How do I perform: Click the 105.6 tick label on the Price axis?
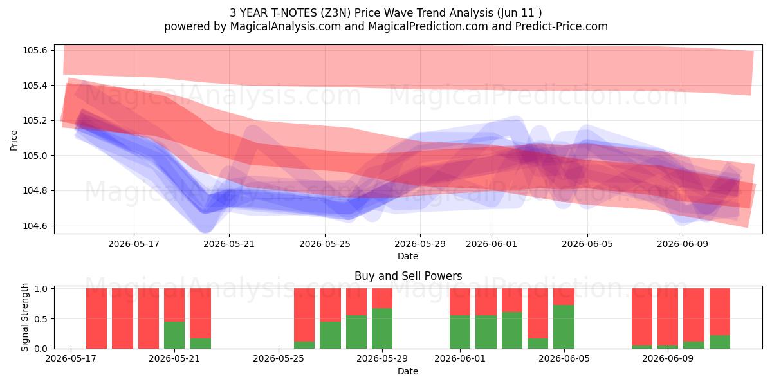point(35,51)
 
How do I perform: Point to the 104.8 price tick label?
point(35,191)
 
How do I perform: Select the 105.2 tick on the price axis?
point(35,121)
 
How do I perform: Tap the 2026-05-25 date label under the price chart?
point(325,244)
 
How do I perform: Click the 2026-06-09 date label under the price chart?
point(683,244)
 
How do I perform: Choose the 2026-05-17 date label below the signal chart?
point(71,358)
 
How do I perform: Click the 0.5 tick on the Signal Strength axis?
point(41,319)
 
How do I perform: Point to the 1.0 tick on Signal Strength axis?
point(41,289)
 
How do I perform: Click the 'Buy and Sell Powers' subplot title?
point(408,276)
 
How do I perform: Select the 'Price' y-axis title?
point(14,140)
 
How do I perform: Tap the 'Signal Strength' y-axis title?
point(24,317)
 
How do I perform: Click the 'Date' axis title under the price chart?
point(408,256)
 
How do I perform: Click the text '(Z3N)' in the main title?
point(336,13)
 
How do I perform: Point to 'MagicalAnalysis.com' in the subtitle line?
point(286,26)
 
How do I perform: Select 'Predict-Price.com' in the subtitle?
point(562,26)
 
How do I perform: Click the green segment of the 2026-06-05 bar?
point(564,327)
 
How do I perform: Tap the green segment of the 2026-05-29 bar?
point(382,329)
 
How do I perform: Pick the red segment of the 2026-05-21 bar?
point(174,305)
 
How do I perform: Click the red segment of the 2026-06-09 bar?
point(668,317)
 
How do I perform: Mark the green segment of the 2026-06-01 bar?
point(460,332)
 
